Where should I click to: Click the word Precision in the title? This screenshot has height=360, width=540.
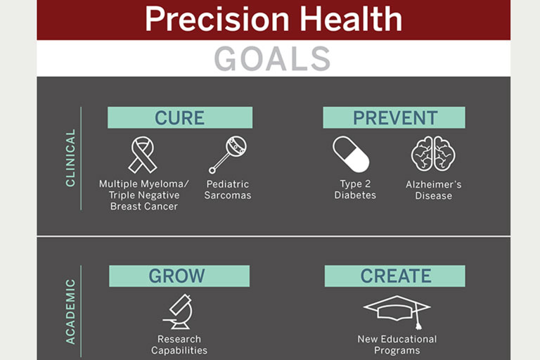[x=217, y=19]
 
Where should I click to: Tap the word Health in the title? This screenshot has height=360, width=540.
[x=351, y=18]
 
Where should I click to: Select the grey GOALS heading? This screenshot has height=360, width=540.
[x=272, y=59]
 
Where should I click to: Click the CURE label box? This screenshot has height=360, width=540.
[x=180, y=117]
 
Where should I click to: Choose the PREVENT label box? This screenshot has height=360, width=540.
[x=394, y=117]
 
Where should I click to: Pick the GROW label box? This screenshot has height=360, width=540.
[x=179, y=276]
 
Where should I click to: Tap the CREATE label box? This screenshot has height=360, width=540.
[x=394, y=276]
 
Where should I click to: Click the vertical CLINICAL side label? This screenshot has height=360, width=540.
[x=70, y=157]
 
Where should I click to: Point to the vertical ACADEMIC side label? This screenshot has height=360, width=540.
[x=70, y=311]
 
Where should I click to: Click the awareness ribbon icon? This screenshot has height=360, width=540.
[x=142, y=154]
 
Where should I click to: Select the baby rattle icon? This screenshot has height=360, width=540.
[x=228, y=154]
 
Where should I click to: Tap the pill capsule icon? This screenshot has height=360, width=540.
[x=351, y=154]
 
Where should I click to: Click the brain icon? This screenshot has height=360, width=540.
[x=433, y=154]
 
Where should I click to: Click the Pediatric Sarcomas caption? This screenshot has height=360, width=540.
[x=228, y=189]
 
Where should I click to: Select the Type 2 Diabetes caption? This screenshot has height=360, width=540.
[x=355, y=189]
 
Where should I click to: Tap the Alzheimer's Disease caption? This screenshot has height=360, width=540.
[x=434, y=190]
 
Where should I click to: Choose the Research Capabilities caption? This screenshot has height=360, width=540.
[x=179, y=345]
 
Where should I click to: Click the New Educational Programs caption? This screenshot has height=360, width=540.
[x=397, y=345]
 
